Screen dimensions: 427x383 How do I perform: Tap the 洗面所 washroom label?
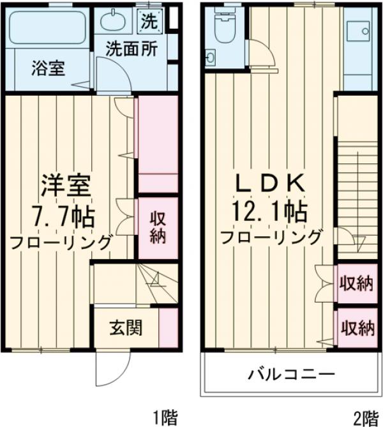[131, 47]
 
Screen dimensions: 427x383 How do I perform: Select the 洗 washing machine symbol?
[148, 20]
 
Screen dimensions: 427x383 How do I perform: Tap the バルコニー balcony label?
[290, 373]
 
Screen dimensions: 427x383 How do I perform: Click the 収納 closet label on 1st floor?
[158, 227]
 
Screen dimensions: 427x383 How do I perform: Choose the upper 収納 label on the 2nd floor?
[356, 283]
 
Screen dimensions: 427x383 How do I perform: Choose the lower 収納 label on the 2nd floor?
[356, 328]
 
